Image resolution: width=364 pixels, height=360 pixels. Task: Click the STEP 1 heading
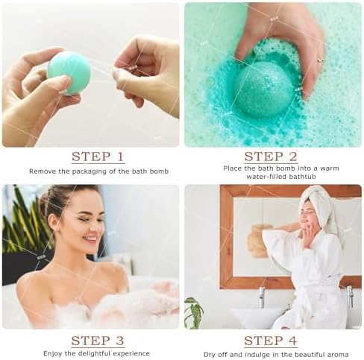(98, 157)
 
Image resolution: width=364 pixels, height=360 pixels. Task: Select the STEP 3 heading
(98, 341)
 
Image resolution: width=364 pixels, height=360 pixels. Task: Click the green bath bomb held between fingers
(69, 72)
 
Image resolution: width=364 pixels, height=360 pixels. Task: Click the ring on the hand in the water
(321, 60)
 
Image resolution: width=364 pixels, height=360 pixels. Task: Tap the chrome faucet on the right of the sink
(349, 296)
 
